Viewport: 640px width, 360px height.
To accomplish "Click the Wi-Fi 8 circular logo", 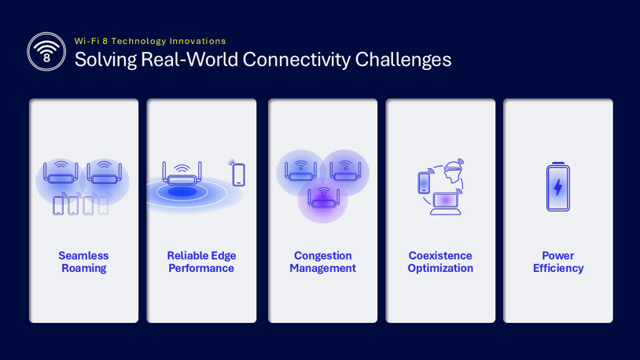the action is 46,52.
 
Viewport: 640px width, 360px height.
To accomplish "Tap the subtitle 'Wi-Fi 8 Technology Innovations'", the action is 150,41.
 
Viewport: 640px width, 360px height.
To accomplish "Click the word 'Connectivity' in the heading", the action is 296,60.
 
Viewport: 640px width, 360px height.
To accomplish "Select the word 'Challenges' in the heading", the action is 403,60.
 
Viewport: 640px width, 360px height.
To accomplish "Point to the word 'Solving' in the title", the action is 105,60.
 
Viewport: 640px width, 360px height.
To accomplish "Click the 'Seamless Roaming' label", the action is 83,262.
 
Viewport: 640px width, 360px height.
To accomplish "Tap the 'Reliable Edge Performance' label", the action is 201,262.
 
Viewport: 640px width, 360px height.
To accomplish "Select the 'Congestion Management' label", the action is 323,262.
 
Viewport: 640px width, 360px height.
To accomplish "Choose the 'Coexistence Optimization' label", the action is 440,262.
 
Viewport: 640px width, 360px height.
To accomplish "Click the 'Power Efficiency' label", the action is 558,262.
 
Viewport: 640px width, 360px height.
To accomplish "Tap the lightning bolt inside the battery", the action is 558,187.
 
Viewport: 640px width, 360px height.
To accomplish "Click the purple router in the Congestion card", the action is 323,197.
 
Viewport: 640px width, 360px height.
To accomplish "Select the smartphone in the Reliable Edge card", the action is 239,174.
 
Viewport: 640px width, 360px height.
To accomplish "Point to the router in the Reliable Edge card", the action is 182,174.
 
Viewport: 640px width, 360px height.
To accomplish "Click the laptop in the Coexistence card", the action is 445,204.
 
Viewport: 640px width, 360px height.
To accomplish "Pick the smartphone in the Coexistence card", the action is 424,182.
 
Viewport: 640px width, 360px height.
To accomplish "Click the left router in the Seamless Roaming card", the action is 61,172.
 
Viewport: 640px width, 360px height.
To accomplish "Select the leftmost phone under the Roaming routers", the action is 58,205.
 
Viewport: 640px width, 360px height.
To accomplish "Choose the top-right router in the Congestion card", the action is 345,171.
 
